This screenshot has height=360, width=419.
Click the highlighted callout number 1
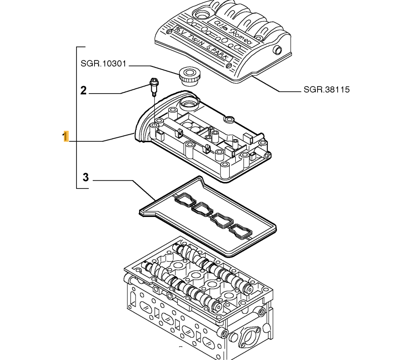point(66,136)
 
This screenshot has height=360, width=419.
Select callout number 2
point(83,91)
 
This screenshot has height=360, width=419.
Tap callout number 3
point(86,177)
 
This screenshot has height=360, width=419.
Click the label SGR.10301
point(103,64)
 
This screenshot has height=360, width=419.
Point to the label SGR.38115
point(326,90)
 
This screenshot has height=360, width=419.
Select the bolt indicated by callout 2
point(153,85)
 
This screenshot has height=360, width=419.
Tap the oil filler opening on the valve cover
point(189,104)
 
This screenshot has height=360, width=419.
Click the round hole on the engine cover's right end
point(277,49)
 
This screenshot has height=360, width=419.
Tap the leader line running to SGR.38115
point(271,85)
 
